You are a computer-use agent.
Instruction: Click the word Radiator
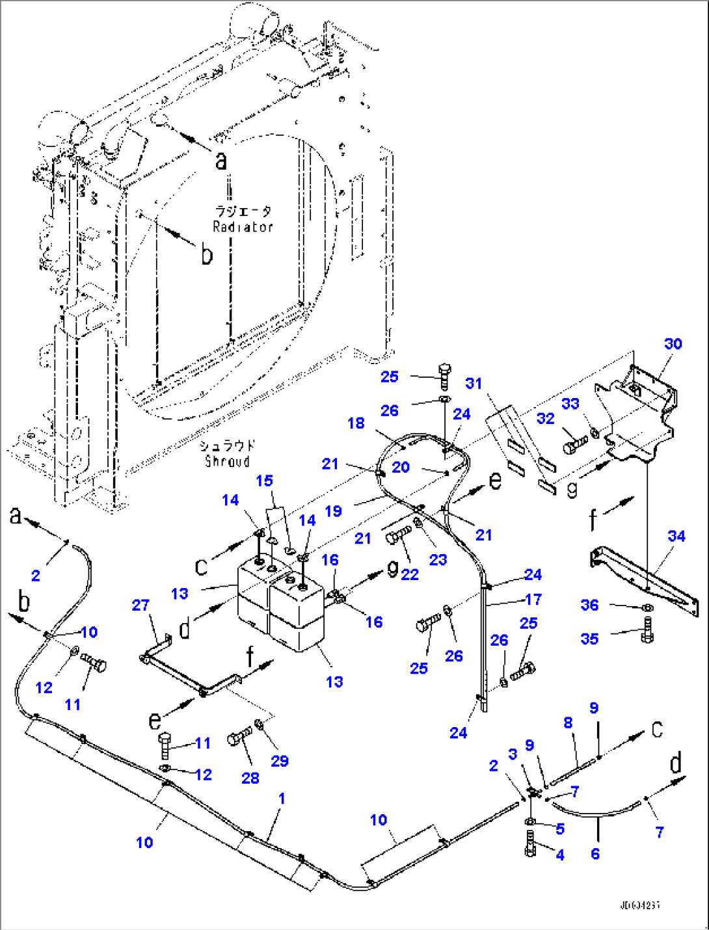click(x=243, y=227)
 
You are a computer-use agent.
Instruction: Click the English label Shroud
click(x=227, y=461)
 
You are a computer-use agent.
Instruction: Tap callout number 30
click(x=673, y=344)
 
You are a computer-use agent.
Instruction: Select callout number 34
click(x=676, y=536)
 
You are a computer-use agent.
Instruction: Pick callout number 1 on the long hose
click(x=282, y=798)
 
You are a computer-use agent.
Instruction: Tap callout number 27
click(x=140, y=605)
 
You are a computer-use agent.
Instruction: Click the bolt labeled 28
click(x=238, y=739)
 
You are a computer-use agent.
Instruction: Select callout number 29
click(x=280, y=761)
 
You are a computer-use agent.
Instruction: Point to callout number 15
click(x=264, y=481)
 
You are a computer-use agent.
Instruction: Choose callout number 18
click(x=356, y=423)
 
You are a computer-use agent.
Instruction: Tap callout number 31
click(x=474, y=383)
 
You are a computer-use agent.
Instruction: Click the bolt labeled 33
click(x=574, y=445)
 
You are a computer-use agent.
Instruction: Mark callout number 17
click(x=533, y=599)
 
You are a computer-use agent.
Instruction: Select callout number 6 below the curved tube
click(x=595, y=853)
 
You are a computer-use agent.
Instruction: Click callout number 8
click(x=568, y=722)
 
